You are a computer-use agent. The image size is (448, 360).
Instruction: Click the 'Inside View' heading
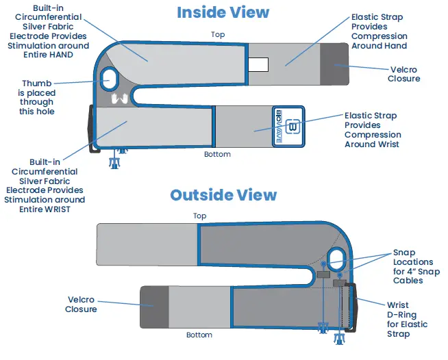[223, 12]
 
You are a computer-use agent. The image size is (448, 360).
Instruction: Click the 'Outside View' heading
[223, 195]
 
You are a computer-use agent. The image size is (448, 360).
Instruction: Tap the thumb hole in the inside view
[108, 77]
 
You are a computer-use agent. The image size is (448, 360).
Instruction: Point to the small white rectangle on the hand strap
[258, 64]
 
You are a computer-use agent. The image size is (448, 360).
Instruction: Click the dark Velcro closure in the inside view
[334, 64]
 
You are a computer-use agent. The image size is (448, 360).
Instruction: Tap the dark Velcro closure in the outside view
[154, 305]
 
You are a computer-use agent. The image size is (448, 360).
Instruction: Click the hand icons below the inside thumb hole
[120, 99]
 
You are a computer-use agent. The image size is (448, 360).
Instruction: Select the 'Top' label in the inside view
[218, 34]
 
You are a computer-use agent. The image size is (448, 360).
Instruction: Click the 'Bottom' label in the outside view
[199, 335]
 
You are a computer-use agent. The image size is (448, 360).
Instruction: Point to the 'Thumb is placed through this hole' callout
[38, 97]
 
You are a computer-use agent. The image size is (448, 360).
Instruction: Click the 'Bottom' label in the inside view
[217, 154]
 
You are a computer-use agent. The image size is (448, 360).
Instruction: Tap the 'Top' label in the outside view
[199, 216]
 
